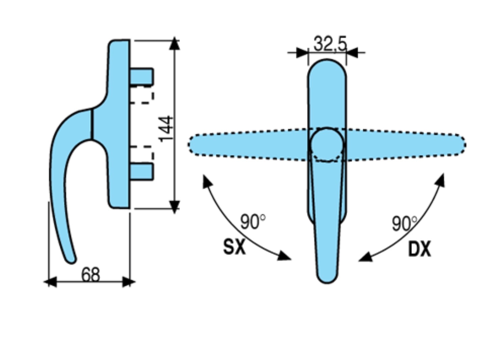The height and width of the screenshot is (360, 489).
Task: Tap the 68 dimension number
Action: point(91,275)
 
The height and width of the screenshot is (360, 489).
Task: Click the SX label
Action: point(234,247)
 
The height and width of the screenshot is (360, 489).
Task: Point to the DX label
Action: point(419,250)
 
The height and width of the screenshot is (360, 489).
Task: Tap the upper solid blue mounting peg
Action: point(141,77)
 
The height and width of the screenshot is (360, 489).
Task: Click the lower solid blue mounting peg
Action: point(141,171)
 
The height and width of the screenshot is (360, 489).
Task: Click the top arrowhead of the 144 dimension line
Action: point(174,44)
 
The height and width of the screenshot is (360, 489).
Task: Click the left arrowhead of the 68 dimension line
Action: point(50,282)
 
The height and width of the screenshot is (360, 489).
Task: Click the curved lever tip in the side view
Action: point(71,259)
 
